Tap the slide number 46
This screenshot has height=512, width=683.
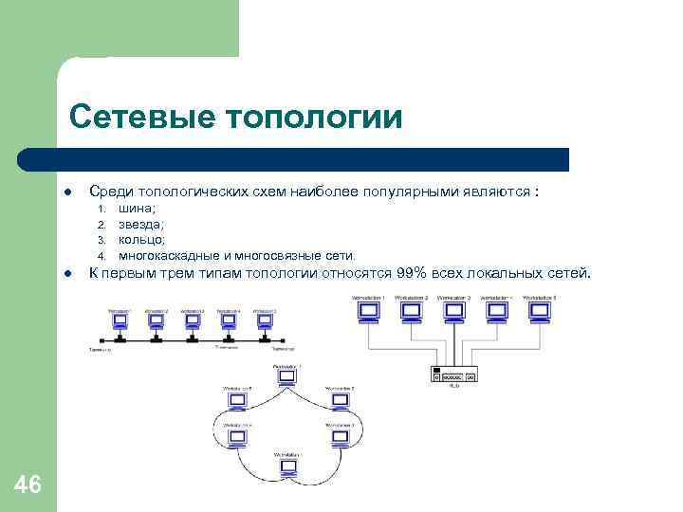28,485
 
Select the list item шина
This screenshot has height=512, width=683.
138,209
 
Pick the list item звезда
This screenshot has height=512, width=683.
141,224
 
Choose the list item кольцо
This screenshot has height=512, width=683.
141,240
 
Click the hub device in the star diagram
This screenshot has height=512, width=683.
454,375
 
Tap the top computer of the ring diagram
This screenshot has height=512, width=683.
286,376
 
